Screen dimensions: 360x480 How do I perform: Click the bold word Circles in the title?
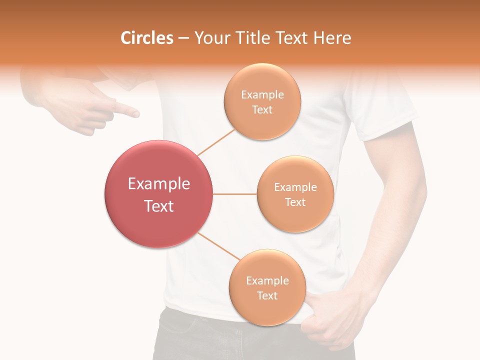point(146,38)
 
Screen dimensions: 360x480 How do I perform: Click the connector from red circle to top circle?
point(216,141)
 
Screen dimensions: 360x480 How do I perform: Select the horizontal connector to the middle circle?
point(234,194)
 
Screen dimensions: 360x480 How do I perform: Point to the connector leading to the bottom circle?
point(218,246)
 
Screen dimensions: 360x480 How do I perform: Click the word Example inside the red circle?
point(158,184)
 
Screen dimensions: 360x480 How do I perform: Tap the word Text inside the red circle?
point(158,206)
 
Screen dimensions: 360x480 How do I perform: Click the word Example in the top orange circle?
point(262,95)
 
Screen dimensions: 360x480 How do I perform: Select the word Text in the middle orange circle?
point(295,202)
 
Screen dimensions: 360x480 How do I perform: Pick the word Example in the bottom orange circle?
point(267,281)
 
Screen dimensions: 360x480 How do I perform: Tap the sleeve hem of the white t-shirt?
point(390,131)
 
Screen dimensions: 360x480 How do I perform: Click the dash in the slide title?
point(183,38)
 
